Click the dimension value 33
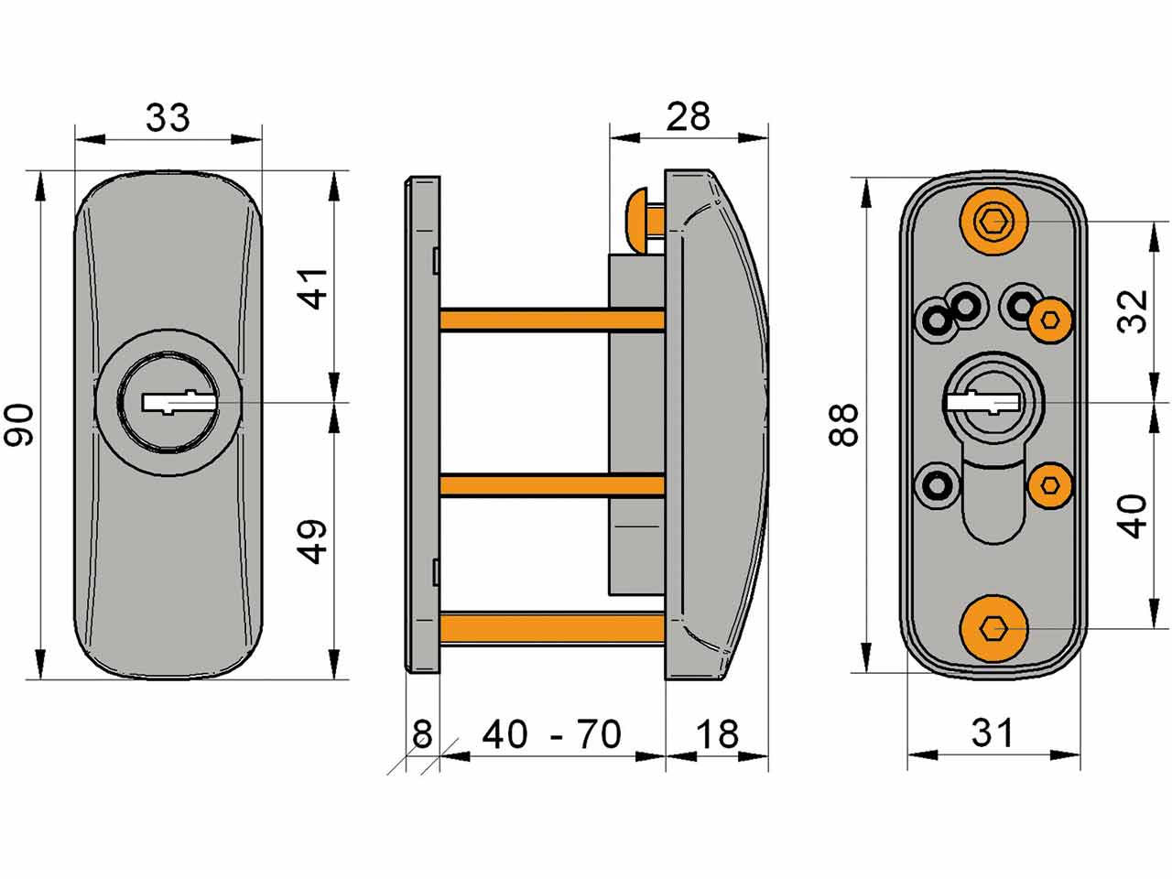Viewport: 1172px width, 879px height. [x=168, y=118]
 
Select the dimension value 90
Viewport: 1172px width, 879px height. [x=20, y=425]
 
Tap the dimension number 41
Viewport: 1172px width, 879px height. [x=313, y=288]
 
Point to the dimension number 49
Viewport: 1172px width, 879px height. [x=313, y=541]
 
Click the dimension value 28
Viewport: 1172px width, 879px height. [x=688, y=117]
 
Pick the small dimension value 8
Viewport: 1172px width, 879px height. [x=421, y=734]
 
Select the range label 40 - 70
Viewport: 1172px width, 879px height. [x=551, y=734]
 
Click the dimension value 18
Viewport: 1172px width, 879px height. [x=716, y=734]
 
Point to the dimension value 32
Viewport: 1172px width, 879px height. [x=1134, y=311]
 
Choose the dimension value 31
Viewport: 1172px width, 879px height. [x=993, y=733]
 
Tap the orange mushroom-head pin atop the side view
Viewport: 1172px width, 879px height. [x=641, y=219]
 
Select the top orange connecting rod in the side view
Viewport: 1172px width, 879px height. [x=551, y=319]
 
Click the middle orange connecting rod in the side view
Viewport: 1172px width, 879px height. [x=551, y=484]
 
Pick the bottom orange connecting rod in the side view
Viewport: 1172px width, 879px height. [x=551, y=627]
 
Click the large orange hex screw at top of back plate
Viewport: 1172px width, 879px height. [x=993, y=221]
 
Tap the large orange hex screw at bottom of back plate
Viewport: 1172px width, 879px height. [x=993, y=629]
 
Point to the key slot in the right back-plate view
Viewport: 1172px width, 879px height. [x=982, y=401]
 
